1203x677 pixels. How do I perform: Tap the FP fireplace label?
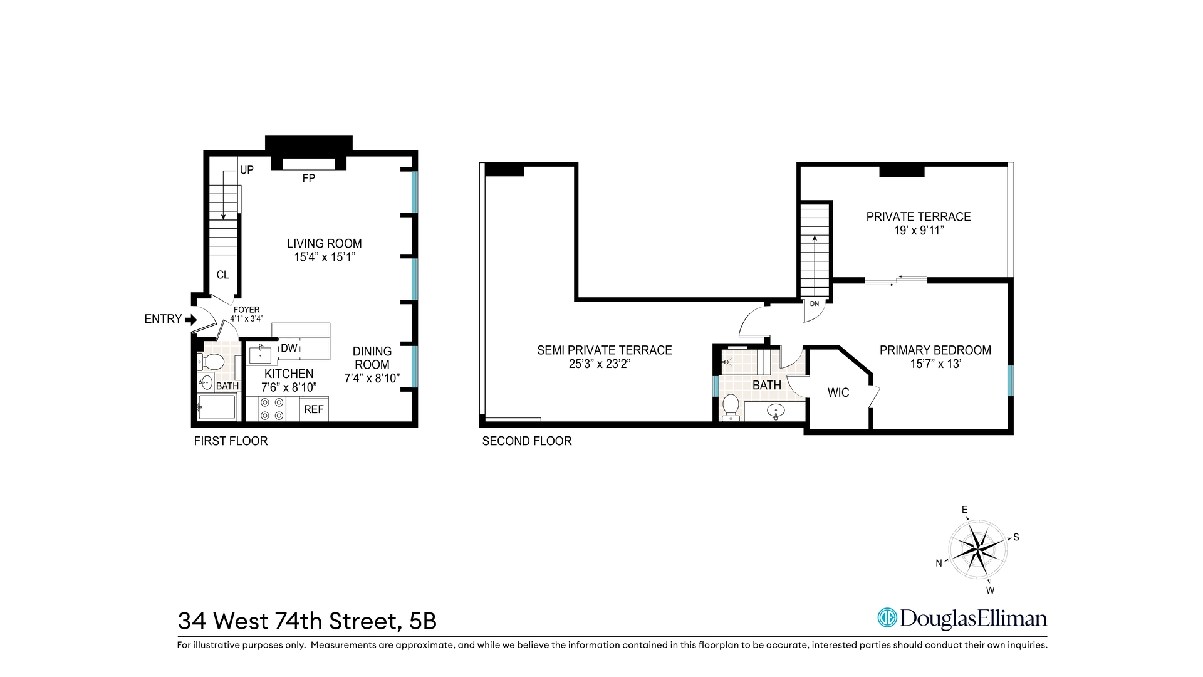pyautogui.click(x=308, y=178)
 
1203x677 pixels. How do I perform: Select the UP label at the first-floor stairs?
pyautogui.click(x=247, y=170)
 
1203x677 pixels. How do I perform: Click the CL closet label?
pyautogui.click(x=222, y=275)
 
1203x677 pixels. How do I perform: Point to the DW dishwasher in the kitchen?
pyautogui.click(x=289, y=348)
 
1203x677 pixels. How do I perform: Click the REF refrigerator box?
pyautogui.click(x=314, y=409)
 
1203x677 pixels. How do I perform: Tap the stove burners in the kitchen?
pyautogui.click(x=273, y=409)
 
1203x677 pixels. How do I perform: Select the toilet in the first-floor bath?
pyautogui.click(x=212, y=362)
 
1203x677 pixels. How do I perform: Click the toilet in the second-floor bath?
pyautogui.click(x=731, y=406)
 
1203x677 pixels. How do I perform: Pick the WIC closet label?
pyautogui.click(x=838, y=392)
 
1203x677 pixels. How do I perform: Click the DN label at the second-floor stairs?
pyautogui.click(x=814, y=304)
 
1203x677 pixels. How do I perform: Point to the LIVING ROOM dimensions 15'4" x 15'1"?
pyautogui.click(x=325, y=257)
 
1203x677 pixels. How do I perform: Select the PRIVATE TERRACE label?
pyautogui.click(x=919, y=217)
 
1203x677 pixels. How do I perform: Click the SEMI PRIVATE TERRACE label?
pyautogui.click(x=604, y=350)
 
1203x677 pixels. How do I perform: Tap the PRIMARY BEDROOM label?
pyautogui.click(x=935, y=350)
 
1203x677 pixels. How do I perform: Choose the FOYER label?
pyautogui.click(x=246, y=310)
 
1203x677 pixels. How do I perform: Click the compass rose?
pyautogui.click(x=977, y=550)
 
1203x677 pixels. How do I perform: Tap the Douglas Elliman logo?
pyautogui.click(x=962, y=618)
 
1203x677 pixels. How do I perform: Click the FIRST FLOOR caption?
pyautogui.click(x=231, y=441)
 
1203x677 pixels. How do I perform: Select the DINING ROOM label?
pyautogui.click(x=372, y=358)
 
